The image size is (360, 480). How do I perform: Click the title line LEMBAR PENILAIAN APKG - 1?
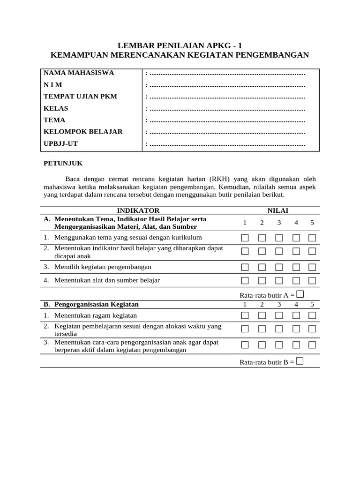click(x=180, y=45)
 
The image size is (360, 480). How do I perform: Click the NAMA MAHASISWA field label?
click(x=79, y=73)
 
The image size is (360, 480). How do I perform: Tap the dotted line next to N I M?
click(x=227, y=85)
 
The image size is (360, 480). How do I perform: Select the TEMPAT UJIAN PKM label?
click(x=80, y=97)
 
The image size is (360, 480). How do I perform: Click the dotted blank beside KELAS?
click(x=227, y=109)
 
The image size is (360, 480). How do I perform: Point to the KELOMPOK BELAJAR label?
click(x=83, y=132)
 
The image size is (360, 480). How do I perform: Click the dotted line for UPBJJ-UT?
click(x=227, y=144)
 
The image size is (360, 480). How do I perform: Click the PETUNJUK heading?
click(x=63, y=163)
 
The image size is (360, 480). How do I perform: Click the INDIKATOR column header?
click(x=138, y=211)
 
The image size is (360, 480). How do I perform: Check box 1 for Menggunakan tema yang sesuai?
click(x=245, y=238)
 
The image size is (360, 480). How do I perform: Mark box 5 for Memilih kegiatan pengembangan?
click(x=312, y=267)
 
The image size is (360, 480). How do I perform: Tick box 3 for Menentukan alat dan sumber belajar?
click(x=279, y=280)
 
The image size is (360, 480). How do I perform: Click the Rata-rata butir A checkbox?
click(x=300, y=294)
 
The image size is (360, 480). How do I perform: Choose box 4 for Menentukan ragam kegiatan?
click(x=296, y=315)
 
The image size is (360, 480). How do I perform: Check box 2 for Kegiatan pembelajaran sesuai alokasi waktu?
click(x=262, y=329)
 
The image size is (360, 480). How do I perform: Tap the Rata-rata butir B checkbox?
click(x=300, y=361)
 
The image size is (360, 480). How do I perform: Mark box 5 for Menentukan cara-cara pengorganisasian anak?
click(x=312, y=345)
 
